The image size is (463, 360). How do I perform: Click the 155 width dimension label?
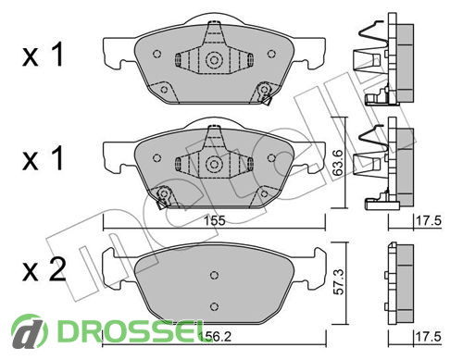tap(215, 221)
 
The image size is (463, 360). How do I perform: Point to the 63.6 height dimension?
tap(338, 163)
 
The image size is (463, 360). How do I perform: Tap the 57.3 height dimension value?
tap(339, 281)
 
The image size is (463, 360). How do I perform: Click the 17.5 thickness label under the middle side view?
tap(429, 221)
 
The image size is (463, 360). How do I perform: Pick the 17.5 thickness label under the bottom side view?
tap(429, 336)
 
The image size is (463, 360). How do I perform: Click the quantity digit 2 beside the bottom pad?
tap(57, 269)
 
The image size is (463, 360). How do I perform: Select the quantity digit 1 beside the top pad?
tap(56, 55)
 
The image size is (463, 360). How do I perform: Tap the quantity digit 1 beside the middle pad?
tap(56, 158)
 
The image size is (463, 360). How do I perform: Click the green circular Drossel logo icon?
tap(30, 332)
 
